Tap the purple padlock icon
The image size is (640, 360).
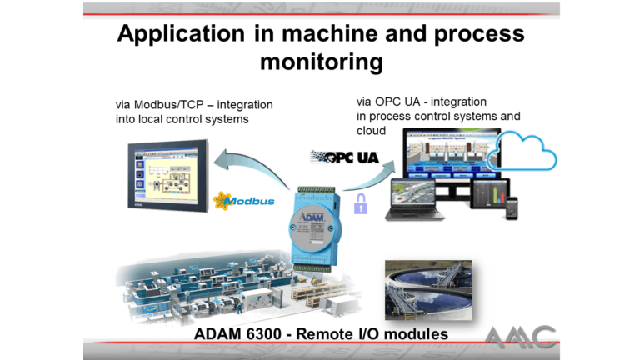[360, 202]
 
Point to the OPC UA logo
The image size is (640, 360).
[344, 157]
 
